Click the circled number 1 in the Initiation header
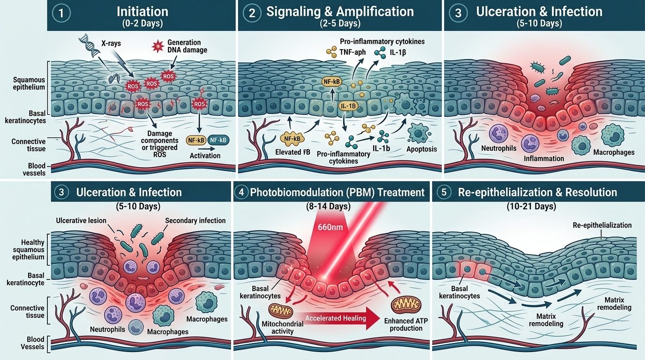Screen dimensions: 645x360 61,13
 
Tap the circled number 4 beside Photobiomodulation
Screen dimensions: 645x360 241,192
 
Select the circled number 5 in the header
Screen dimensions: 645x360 444,192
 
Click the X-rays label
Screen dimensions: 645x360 111,44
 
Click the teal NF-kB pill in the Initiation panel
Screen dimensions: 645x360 218,140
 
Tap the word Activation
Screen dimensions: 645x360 205,156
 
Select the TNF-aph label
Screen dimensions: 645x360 352,52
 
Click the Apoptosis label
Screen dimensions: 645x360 421,149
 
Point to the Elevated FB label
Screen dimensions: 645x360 292,152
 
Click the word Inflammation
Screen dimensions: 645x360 544,158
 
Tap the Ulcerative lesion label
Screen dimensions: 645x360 81,221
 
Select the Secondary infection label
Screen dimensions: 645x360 195,221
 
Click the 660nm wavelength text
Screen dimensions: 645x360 330,227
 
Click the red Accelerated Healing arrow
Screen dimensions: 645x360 339,318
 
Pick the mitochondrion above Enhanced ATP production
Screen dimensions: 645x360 406,306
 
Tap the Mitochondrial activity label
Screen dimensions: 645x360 283,328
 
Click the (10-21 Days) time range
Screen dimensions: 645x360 531,206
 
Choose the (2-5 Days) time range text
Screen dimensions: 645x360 340,23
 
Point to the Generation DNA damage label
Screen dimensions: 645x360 187,46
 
